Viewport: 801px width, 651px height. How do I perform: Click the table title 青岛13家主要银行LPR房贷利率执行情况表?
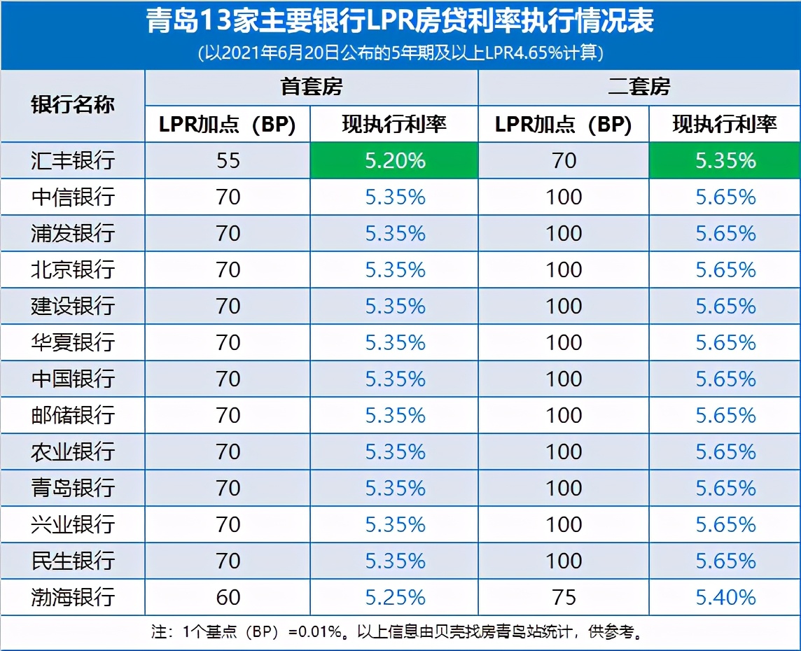(400, 21)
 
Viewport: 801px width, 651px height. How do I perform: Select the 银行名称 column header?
(73, 105)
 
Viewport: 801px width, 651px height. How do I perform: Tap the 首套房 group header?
(312, 87)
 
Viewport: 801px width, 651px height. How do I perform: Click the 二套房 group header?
(639, 87)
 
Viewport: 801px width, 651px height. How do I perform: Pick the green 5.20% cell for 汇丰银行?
(395, 160)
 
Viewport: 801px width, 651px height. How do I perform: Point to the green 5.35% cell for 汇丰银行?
(725, 160)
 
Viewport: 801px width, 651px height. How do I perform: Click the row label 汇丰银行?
(73, 160)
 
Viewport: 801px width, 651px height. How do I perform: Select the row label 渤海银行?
(73, 597)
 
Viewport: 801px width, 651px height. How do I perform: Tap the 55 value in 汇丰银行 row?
(228, 160)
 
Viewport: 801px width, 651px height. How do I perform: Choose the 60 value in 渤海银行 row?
(228, 597)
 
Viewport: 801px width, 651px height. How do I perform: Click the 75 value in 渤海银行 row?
(564, 597)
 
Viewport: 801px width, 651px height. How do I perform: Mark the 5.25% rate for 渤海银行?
(395, 597)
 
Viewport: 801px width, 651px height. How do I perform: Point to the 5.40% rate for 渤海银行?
(725, 597)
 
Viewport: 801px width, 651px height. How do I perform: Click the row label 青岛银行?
(73, 488)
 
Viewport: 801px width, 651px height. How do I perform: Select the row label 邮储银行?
(73, 415)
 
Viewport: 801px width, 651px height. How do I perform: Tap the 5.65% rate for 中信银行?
(725, 197)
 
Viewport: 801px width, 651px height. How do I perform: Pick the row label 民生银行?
(73, 561)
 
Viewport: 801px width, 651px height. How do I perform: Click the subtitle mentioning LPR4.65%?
(400, 52)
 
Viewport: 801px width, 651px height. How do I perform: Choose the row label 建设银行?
(73, 306)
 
